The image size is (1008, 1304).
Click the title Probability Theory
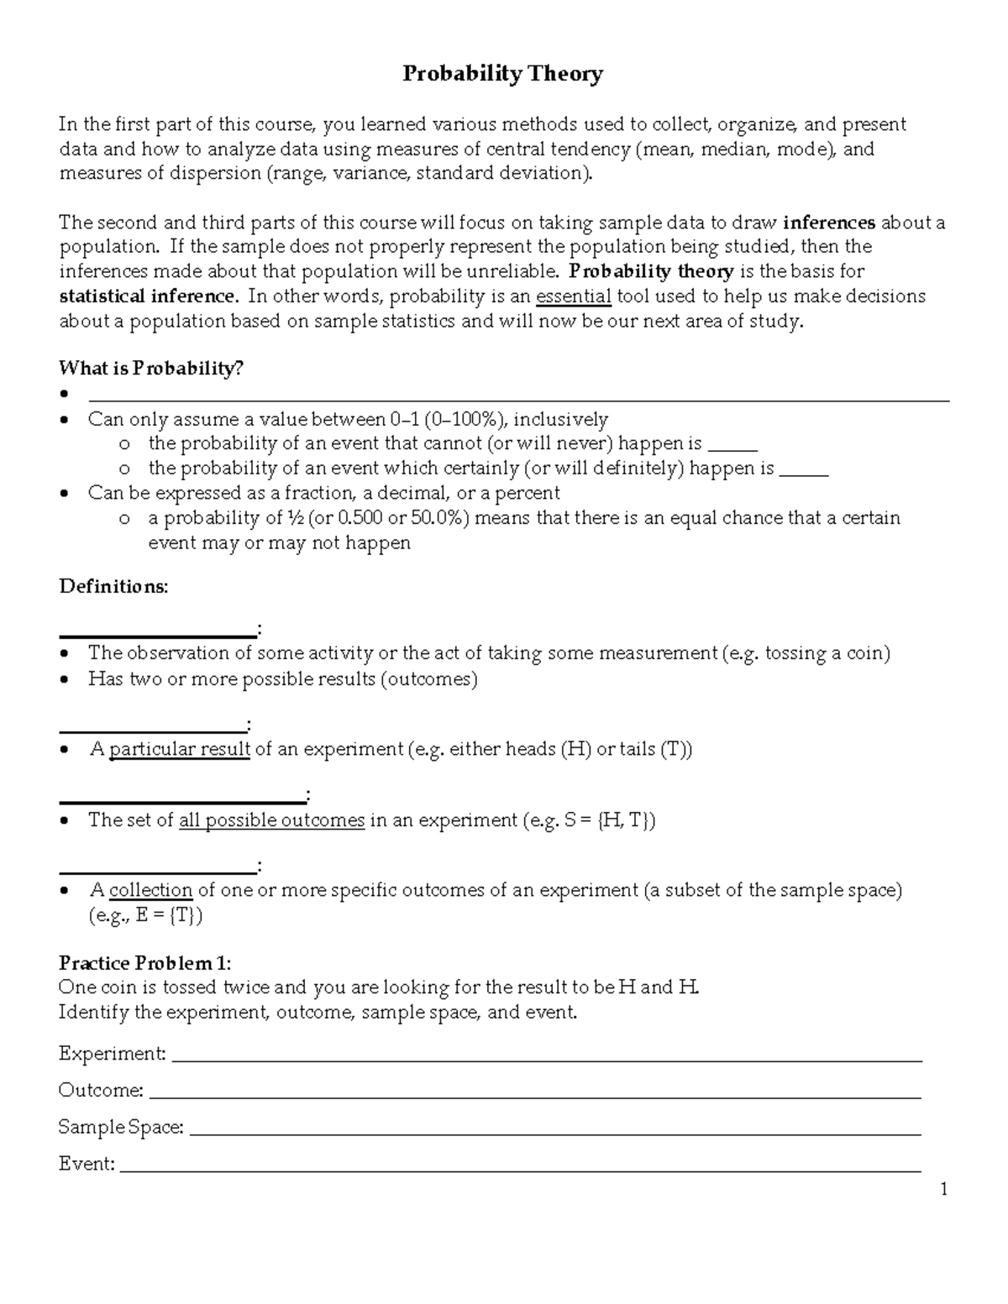tap(502, 75)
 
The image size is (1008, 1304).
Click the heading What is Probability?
tap(150, 368)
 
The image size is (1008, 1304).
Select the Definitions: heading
tap(113, 586)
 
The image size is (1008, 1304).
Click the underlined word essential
tap(574, 296)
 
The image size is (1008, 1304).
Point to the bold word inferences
tap(828, 223)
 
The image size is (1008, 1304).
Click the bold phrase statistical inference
tap(149, 296)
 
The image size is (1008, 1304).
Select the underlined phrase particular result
tap(180, 749)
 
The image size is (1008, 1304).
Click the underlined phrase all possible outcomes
tap(272, 820)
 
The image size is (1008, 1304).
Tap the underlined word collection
tap(151, 890)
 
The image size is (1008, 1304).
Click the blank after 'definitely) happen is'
tap(804, 469)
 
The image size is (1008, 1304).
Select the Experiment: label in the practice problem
tap(112, 1054)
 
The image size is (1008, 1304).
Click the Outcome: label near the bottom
tap(101, 1091)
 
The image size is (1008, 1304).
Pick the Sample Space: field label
tap(121, 1127)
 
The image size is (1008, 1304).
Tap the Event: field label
tap(87, 1164)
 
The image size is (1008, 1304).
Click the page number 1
tap(944, 1189)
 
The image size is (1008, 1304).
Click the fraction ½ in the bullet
tap(296, 518)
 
